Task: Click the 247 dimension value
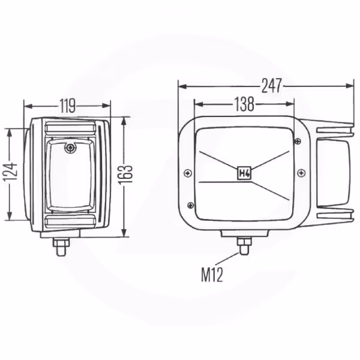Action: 272,86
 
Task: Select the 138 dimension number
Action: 244,104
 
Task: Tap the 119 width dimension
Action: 67,106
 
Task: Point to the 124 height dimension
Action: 11,172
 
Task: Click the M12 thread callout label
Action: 212,275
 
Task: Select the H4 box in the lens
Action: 244,173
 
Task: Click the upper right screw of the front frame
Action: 298,141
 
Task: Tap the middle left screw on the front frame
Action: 188,173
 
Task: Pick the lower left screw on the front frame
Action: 191,205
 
